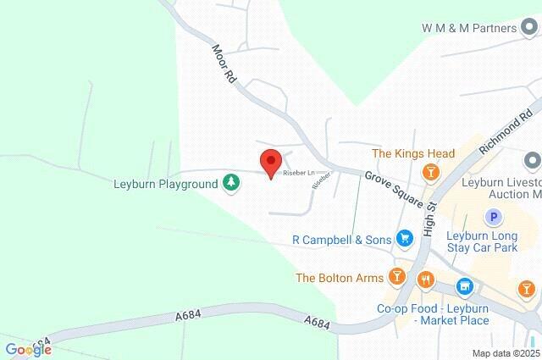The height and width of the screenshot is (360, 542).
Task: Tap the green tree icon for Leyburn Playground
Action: point(230,183)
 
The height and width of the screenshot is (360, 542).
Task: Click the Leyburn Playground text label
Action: point(166,183)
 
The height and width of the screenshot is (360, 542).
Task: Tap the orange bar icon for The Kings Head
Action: point(431,173)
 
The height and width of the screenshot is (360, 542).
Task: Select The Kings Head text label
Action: point(413,154)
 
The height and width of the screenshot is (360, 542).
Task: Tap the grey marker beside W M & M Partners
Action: point(531,28)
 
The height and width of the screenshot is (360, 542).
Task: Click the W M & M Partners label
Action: point(469,28)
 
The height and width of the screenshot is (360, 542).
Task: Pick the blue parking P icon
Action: point(493,217)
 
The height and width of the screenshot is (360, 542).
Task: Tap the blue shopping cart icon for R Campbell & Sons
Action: point(405,240)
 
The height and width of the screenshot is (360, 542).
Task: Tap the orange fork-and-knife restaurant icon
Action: point(425,278)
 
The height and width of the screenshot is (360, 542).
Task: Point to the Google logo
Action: point(28,350)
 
